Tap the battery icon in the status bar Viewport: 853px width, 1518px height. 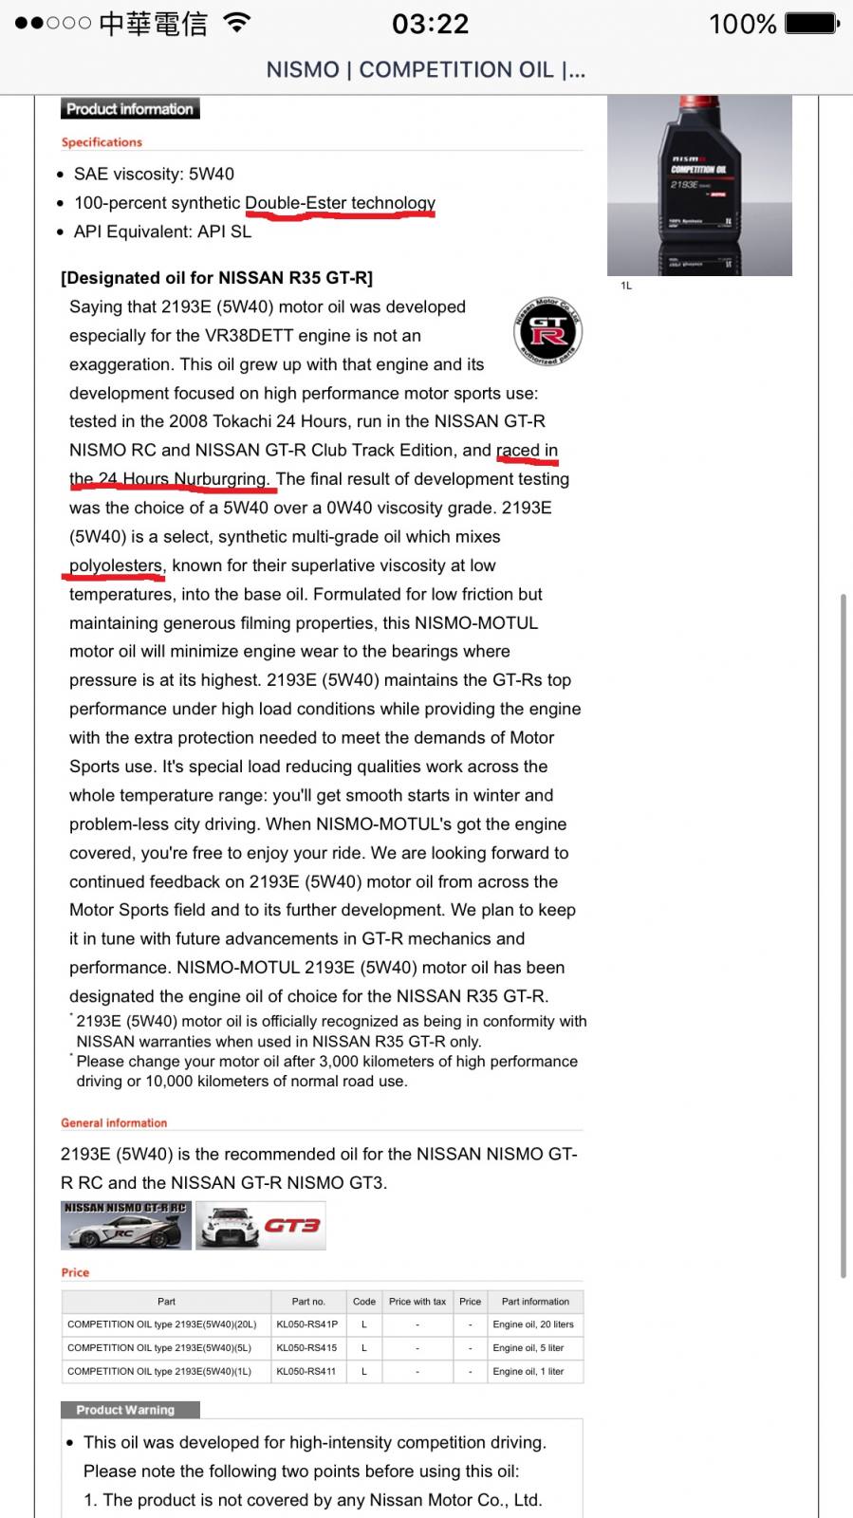811,23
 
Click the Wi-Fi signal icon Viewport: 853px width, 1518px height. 237,23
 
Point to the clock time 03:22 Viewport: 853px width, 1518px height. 430,24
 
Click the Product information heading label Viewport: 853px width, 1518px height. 130,109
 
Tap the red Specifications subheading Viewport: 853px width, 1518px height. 102,142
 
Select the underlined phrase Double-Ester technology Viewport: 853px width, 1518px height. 340,203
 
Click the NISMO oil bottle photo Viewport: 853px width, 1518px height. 699,185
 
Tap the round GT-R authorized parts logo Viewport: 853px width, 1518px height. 547,331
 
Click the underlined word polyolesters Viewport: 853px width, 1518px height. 116,565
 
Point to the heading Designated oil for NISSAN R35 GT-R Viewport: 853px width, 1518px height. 216,278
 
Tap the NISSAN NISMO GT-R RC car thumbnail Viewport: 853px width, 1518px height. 126,1225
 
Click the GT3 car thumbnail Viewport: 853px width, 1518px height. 260,1225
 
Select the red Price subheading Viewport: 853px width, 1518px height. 75,1272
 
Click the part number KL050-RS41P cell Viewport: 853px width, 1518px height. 307,1324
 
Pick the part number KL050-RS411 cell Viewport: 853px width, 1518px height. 306,1371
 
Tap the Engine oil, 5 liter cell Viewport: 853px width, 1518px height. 528,1347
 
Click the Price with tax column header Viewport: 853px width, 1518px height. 417,1302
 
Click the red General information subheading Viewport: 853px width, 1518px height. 114,1122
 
